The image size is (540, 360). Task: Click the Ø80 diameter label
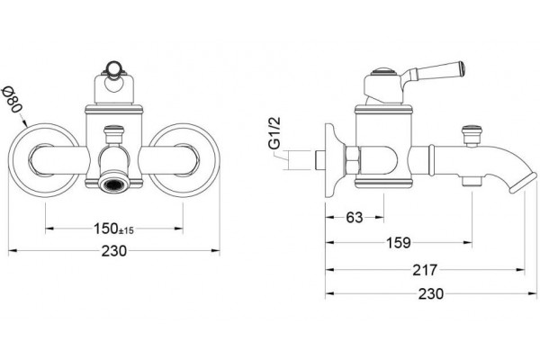pos(12,100)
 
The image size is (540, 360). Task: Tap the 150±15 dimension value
pos(113,229)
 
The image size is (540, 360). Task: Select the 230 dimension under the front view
pos(114,251)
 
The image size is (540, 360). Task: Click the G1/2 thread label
pos(274,133)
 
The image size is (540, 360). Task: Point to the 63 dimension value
pos(355,218)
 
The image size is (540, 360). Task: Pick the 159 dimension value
pos(399,243)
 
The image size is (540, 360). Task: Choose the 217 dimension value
pos(425,270)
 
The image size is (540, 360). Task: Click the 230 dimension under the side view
pos(431,294)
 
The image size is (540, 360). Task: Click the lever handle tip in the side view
pos(461,67)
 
